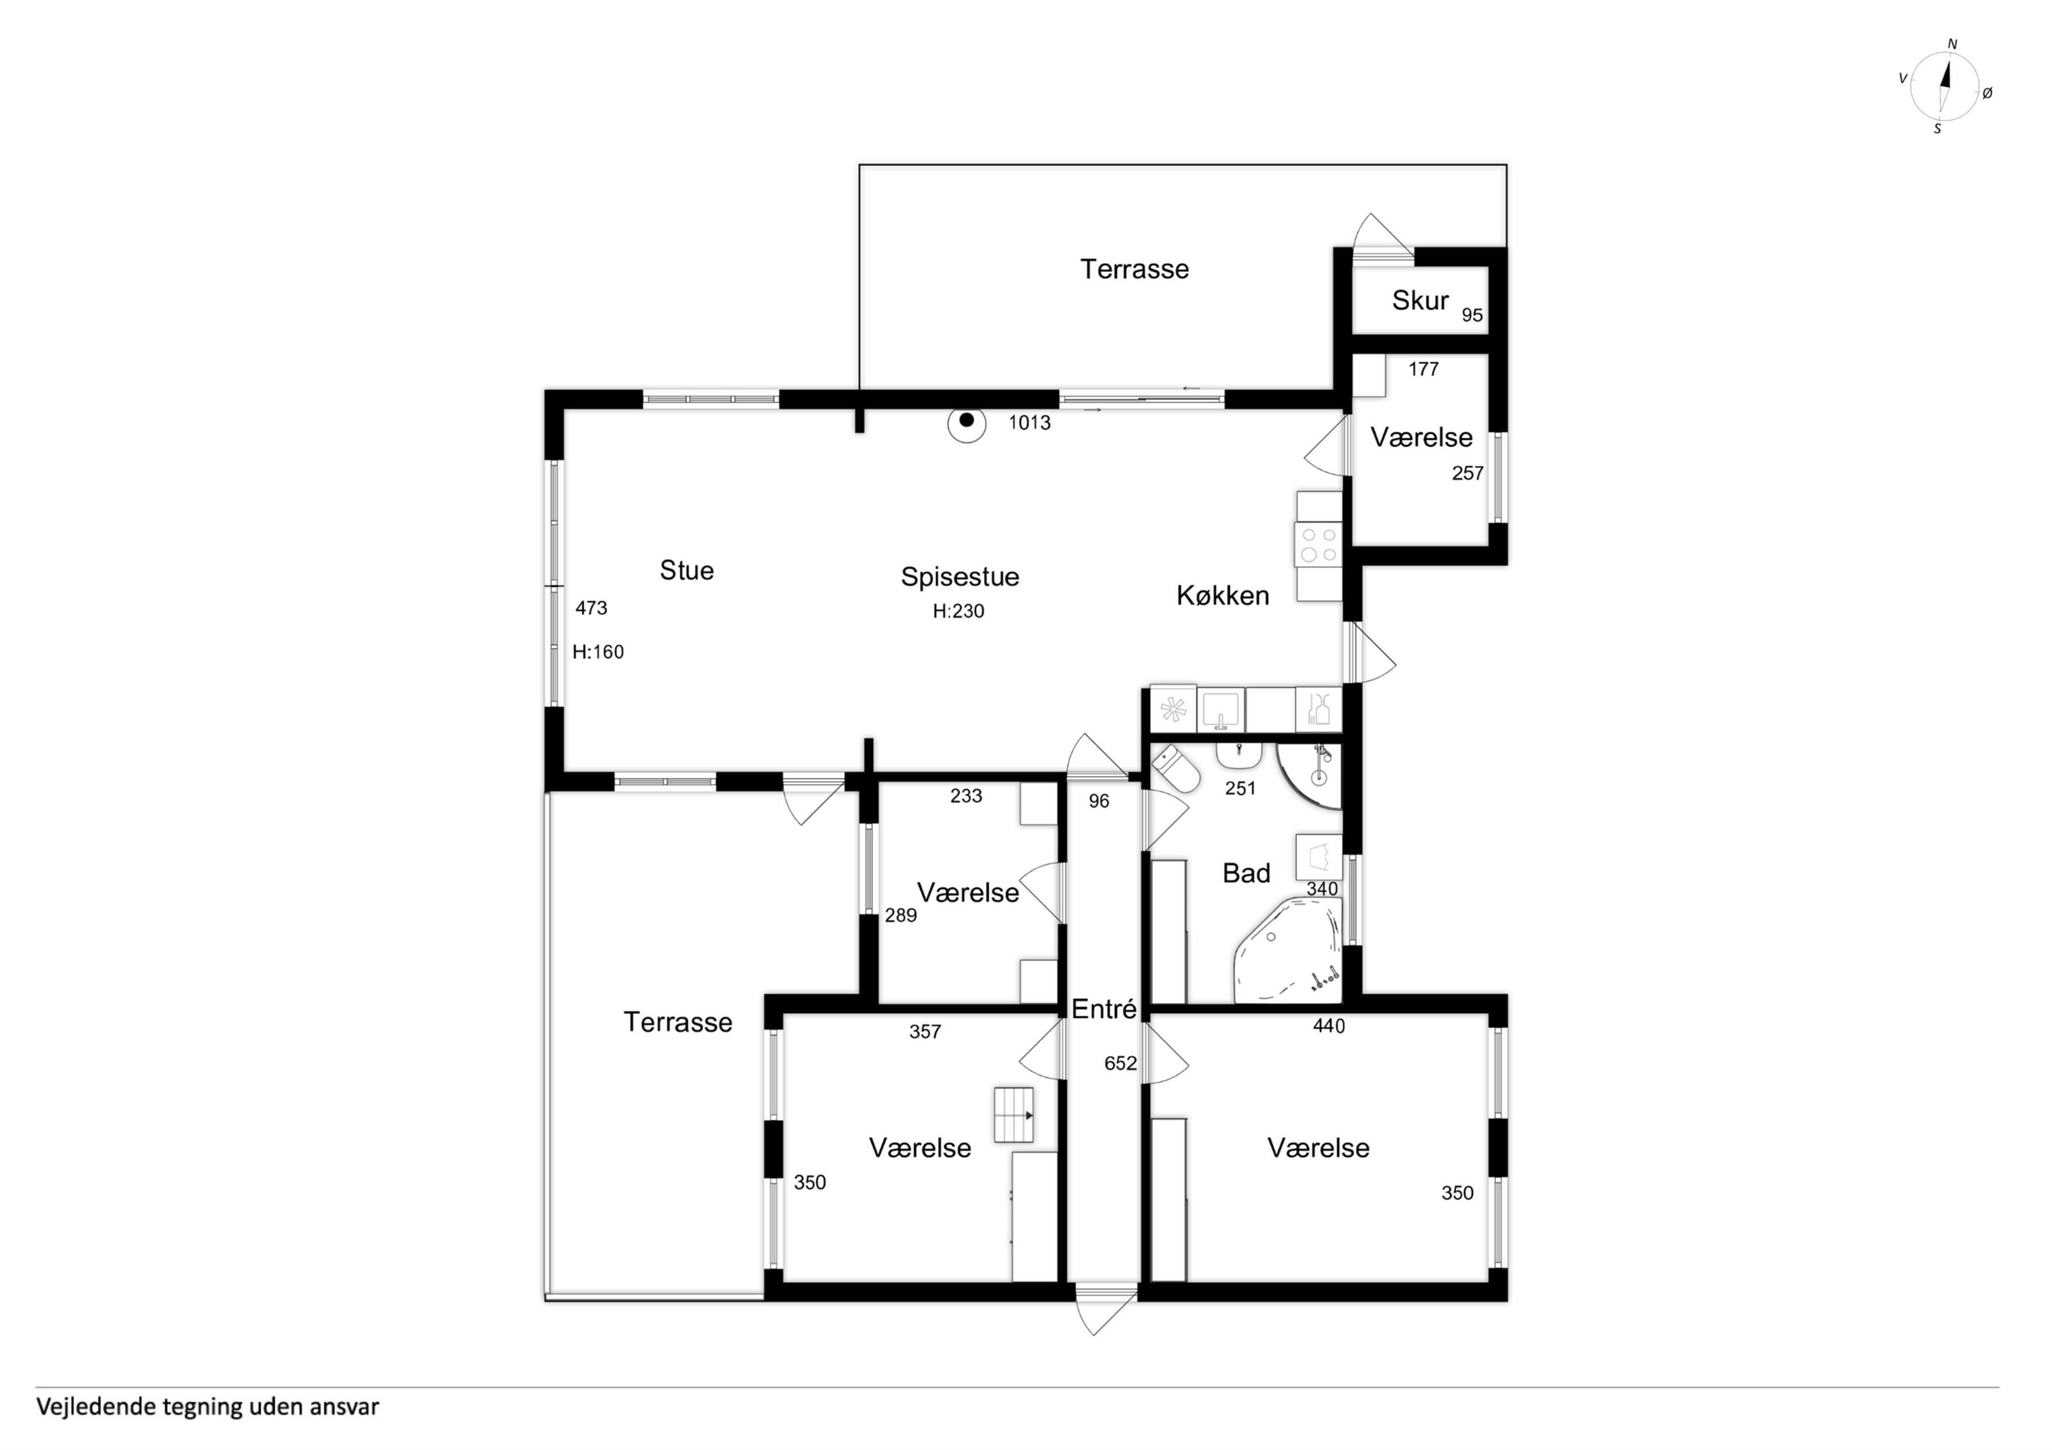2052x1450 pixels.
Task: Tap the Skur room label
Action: click(1420, 300)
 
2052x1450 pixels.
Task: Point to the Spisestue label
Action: click(960, 577)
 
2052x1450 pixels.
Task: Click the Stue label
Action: click(686, 570)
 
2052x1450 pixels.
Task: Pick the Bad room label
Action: click(1246, 873)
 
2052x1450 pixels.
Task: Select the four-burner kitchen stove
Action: click(1318, 545)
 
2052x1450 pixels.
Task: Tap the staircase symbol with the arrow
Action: click(1014, 1115)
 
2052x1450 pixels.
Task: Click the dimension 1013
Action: click(1029, 423)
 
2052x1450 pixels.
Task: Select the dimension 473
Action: click(591, 608)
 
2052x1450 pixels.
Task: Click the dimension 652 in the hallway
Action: click(1120, 1063)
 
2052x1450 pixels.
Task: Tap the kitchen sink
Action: click(1220, 710)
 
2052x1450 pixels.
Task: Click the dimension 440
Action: click(1329, 1027)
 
